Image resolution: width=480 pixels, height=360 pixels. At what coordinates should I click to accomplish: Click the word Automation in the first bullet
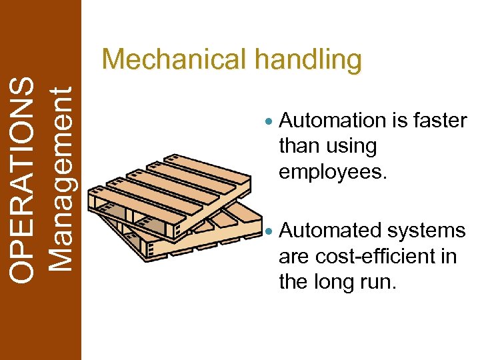coord(333,121)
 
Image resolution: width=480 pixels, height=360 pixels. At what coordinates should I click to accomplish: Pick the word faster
coord(440,121)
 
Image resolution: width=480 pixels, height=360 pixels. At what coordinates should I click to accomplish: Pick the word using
coord(354,147)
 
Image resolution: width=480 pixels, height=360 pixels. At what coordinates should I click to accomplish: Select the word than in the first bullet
coord(299,146)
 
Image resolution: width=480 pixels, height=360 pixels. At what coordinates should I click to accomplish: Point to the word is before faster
coord(400,121)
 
